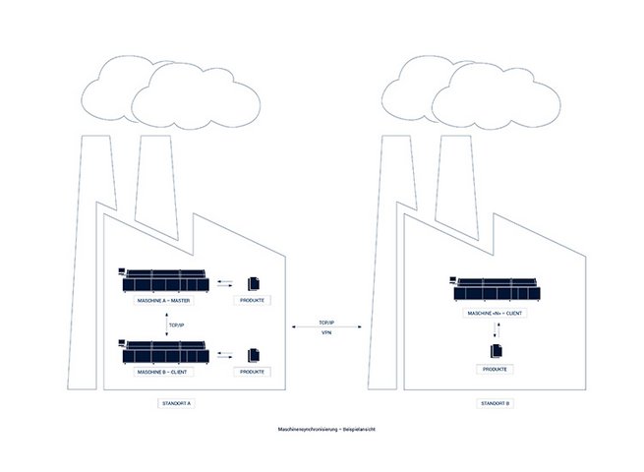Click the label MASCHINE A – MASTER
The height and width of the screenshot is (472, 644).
164,300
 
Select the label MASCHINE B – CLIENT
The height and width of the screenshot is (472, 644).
164,373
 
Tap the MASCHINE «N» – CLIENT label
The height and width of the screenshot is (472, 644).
495,313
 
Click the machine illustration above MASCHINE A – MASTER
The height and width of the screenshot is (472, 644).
164,280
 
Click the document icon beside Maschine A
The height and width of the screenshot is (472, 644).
252,280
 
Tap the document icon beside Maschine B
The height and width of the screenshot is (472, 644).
252,353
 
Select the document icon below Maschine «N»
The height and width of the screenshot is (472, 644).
495,348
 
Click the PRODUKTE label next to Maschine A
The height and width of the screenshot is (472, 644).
252,300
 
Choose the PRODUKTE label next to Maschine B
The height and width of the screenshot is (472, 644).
252,373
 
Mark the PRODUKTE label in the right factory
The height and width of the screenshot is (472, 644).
495,369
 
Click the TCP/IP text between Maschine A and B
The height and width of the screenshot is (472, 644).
177,324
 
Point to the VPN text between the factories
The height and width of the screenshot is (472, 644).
326,333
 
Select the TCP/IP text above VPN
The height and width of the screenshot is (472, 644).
326,321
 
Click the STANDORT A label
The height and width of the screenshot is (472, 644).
178,403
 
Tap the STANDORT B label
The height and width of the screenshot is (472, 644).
495,403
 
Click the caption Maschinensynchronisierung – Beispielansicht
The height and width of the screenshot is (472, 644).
322,431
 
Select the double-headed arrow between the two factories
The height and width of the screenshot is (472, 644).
326,327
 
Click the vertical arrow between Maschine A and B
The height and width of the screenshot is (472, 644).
164,324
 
